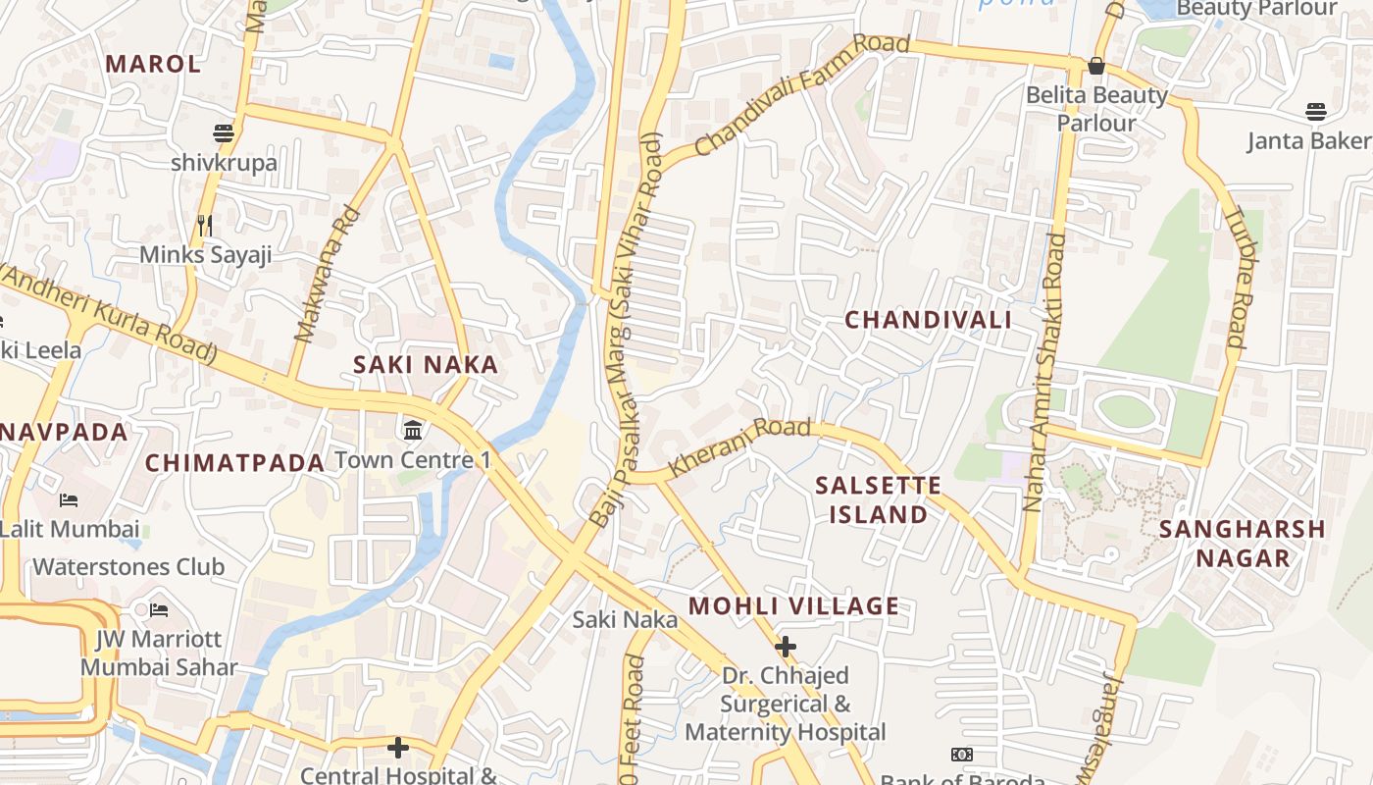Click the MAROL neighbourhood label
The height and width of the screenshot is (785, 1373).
click(153, 64)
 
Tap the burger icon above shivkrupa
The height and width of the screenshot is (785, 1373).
click(224, 132)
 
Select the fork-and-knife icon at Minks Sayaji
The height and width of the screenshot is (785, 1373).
click(205, 226)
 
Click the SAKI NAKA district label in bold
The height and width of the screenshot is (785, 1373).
click(426, 365)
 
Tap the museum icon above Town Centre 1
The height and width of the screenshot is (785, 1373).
click(413, 430)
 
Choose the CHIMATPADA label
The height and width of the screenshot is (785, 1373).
click(234, 463)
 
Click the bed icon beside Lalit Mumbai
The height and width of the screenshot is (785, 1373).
click(68, 500)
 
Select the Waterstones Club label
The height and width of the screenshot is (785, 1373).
click(128, 567)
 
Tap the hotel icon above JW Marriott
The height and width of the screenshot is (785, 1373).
click(159, 610)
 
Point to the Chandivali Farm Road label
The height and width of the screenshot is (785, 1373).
click(802, 95)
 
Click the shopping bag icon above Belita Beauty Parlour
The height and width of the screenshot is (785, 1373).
click(1096, 66)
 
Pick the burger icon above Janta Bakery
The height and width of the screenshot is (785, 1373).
click(1315, 112)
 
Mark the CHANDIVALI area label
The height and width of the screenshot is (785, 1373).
click(928, 320)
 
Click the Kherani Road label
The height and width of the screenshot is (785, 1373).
click(739, 446)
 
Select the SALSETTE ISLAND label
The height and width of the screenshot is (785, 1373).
click(879, 499)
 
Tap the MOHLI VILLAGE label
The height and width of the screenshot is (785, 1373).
click(793, 606)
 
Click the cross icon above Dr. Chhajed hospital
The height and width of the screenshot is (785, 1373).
click(785, 647)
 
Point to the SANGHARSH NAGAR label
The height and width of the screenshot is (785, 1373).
click(1243, 544)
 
